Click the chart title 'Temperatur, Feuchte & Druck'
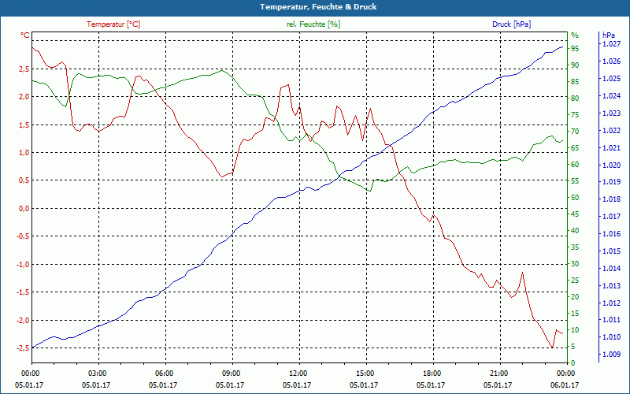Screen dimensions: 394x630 point(314,7)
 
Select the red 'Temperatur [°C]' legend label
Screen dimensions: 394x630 point(114,24)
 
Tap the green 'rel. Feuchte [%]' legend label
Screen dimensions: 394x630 point(313,24)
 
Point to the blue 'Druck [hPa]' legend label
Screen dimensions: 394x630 point(512,24)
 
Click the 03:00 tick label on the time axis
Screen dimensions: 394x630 point(98,372)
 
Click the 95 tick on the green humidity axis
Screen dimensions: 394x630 point(575,48)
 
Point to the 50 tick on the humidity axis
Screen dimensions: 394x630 point(575,198)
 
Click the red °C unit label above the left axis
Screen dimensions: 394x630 point(25,35)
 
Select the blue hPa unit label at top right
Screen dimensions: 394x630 point(608,35)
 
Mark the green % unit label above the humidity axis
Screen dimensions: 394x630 point(575,35)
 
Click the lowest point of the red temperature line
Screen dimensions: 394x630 point(552,348)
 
